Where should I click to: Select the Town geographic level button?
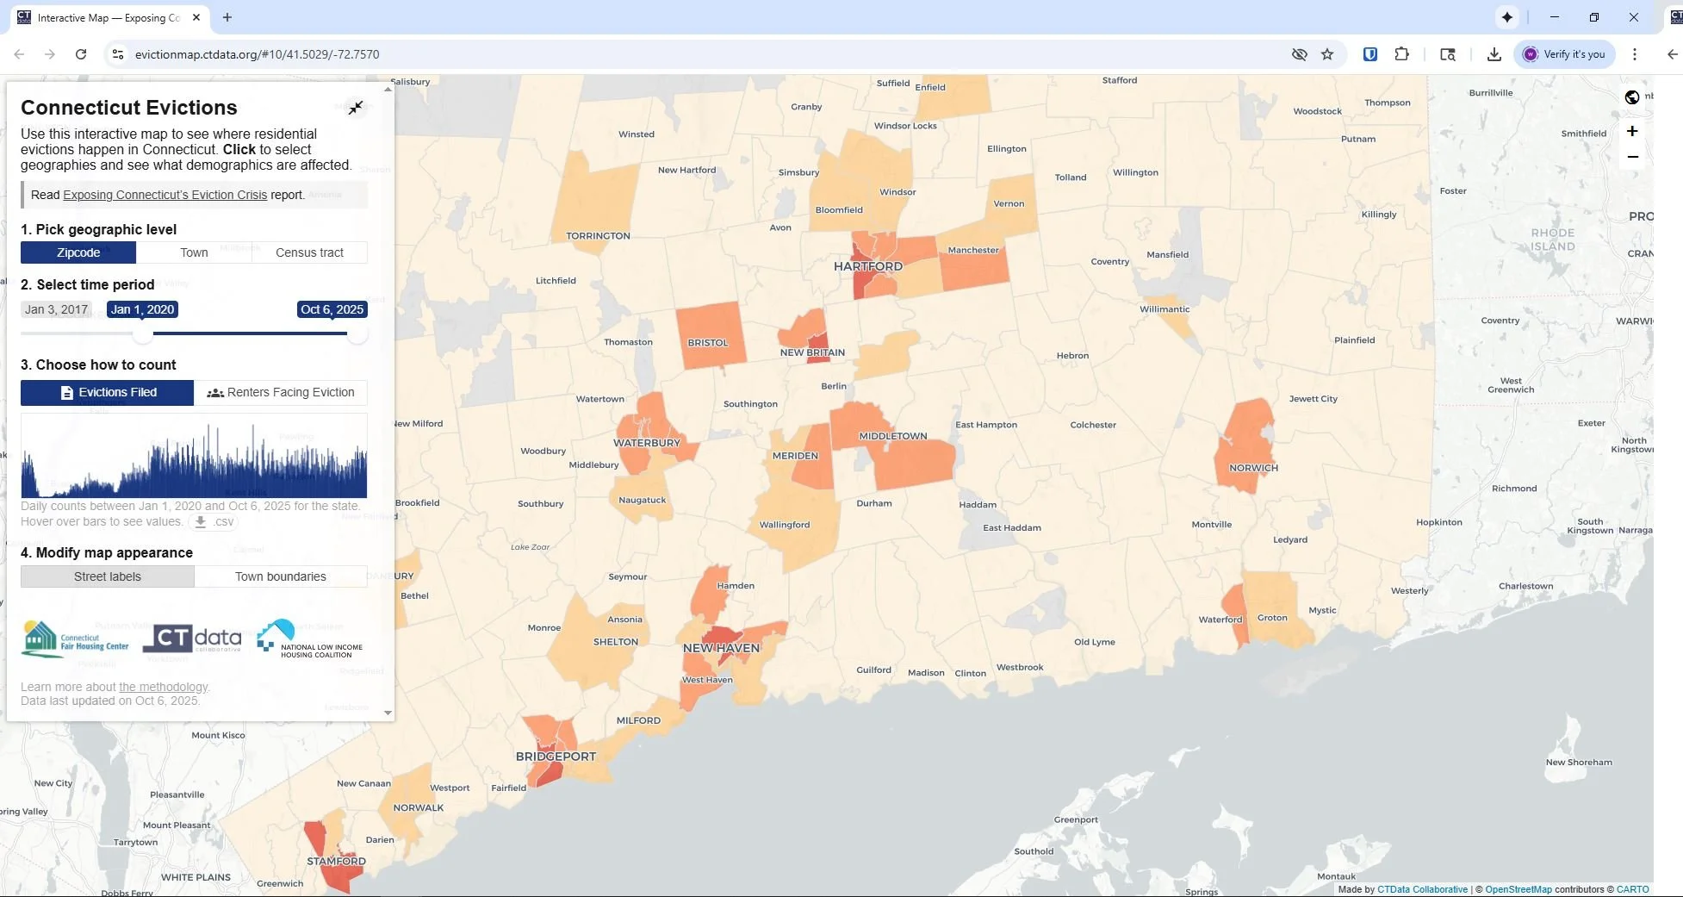[194, 252]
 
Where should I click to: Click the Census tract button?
[309, 252]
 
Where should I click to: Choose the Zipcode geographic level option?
[78, 252]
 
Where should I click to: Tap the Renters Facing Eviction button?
[281, 392]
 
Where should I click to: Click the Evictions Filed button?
[108, 392]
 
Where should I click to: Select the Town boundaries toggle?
[281, 576]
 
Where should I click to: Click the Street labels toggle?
[108, 576]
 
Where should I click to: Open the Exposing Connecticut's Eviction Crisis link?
[165, 195]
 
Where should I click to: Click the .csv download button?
[213, 521]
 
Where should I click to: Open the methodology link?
[163, 687]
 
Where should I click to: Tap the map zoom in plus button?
[1631, 131]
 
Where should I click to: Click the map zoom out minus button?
[1631, 157]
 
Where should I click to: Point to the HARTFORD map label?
[867, 266]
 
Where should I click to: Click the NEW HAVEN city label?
[721, 648]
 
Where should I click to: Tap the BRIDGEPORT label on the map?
[556, 757]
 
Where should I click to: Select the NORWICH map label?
[1253, 468]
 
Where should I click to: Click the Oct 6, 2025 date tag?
[332, 309]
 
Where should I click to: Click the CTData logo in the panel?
[192, 638]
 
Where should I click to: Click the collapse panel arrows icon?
[356, 108]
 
